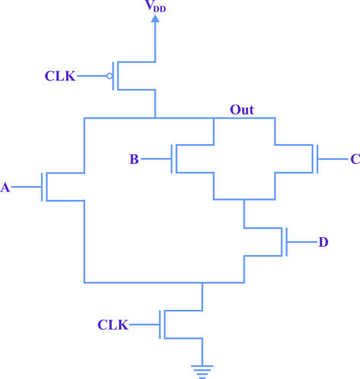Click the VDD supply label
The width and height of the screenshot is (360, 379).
(156, 6)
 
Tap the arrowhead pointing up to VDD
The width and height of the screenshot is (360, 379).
(155, 18)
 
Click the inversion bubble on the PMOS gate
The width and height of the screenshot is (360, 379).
(109, 76)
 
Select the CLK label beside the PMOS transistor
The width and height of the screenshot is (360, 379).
(60, 76)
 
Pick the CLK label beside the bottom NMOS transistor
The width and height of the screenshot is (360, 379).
(113, 324)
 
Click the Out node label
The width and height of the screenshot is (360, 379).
(242, 110)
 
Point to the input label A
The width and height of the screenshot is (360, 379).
(5, 188)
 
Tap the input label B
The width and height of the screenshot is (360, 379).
(134, 159)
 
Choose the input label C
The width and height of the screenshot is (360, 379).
(355, 159)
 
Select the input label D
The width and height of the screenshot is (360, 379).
(324, 242)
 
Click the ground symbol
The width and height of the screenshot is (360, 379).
(202, 372)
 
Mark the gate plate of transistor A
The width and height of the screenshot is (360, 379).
(42, 187)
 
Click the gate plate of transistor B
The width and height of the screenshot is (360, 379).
(172, 159)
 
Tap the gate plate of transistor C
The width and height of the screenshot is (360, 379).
(317, 159)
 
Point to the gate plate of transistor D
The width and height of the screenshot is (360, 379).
(286, 242)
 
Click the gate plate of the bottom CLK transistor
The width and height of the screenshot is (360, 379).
(160, 324)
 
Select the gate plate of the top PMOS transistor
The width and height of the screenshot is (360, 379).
(113, 76)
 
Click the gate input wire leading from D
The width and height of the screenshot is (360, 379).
(302, 242)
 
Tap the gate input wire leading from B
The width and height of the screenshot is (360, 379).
(156, 159)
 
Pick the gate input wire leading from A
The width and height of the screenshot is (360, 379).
(26, 187)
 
